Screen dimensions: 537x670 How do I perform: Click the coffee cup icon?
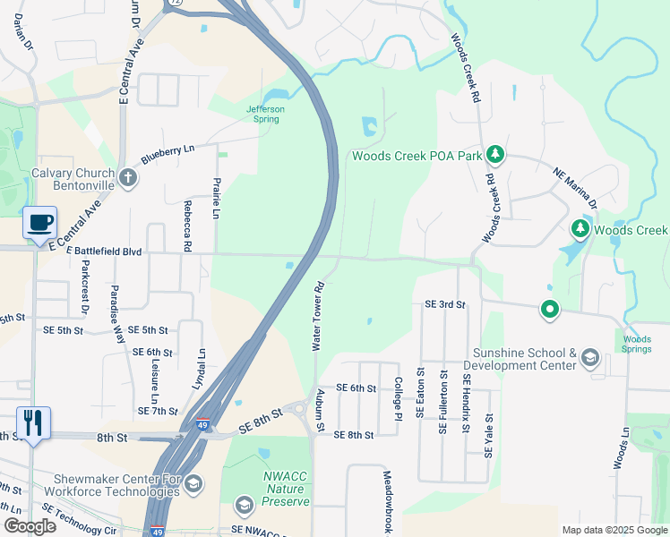[x=39, y=222]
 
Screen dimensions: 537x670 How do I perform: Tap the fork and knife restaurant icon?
[x=33, y=422]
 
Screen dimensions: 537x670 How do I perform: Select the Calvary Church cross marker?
[x=128, y=177]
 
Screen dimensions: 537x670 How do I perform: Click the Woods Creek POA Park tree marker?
[x=494, y=156]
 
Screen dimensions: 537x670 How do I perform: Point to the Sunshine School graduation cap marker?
[x=589, y=359]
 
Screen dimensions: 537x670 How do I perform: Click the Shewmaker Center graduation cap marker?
[x=193, y=484]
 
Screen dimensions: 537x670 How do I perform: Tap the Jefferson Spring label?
[x=266, y=114]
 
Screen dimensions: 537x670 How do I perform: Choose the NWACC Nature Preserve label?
[x=285, y=489]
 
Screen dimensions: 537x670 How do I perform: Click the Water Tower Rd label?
[x=317, y=318]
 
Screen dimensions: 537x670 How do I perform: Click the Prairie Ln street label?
[x=217, y=197]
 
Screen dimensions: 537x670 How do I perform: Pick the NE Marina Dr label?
[x=574, y=188]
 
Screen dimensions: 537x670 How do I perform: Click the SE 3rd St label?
[x=444, y=305]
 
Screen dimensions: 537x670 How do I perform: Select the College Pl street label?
[x=398, y=396]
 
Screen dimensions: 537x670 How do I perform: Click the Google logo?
[x=30, y=526]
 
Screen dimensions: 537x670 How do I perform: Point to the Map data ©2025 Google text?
[x=614, y=530]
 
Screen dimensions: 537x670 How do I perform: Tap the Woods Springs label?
[x=637, y=344]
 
